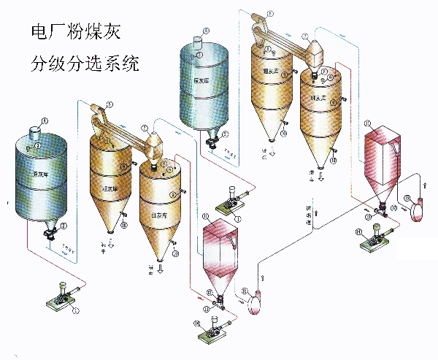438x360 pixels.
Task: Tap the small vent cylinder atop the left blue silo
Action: point(34,132)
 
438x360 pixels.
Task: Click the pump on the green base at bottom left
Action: point(61,298)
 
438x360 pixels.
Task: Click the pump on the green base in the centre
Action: point(233,206)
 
